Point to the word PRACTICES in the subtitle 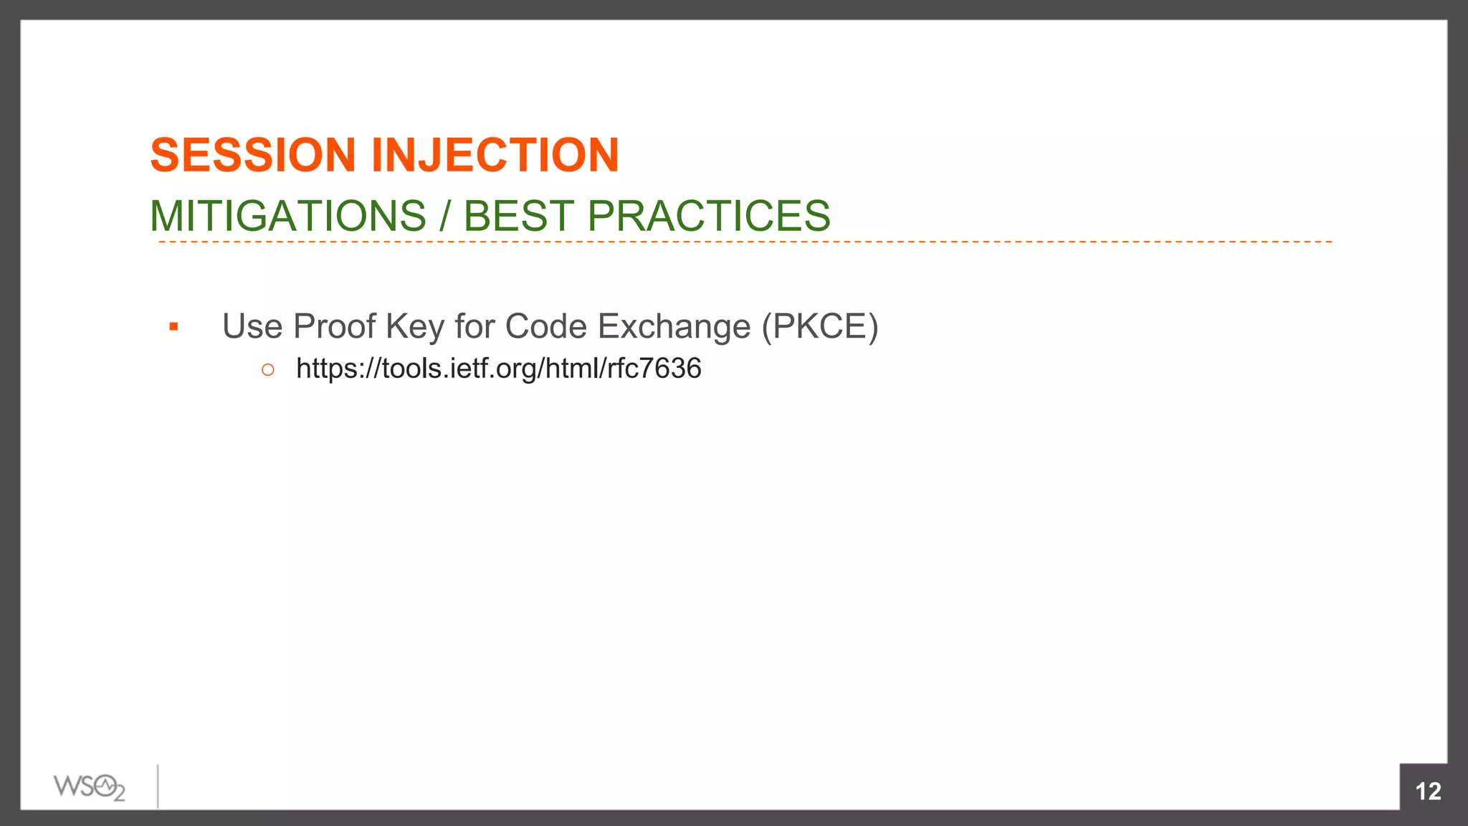(709, 216)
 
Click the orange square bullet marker (173, 328)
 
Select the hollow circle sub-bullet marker (268, 370)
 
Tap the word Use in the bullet (252, 326)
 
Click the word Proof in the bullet (334, 326)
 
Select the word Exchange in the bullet (674, 326)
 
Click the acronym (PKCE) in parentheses (820, 326)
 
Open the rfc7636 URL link (499, 369)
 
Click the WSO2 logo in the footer (90, 787)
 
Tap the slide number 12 (1428, 791)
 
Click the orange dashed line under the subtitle (745, 242)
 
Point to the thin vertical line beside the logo (158, 786)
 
